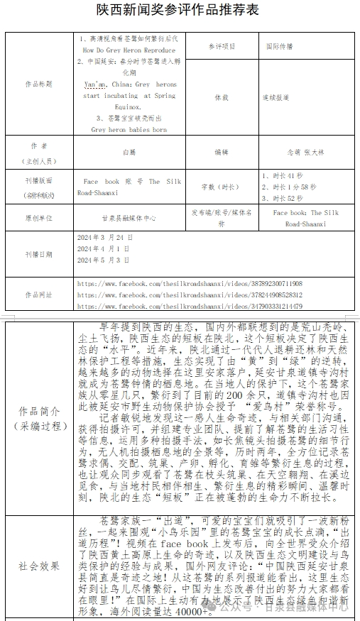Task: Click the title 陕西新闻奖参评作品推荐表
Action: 179,10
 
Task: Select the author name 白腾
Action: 129,151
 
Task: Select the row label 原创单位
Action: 39,217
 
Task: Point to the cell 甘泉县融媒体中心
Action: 129,217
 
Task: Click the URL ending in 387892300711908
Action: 190,283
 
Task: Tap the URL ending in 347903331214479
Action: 190,306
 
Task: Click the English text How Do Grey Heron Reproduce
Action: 129,51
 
